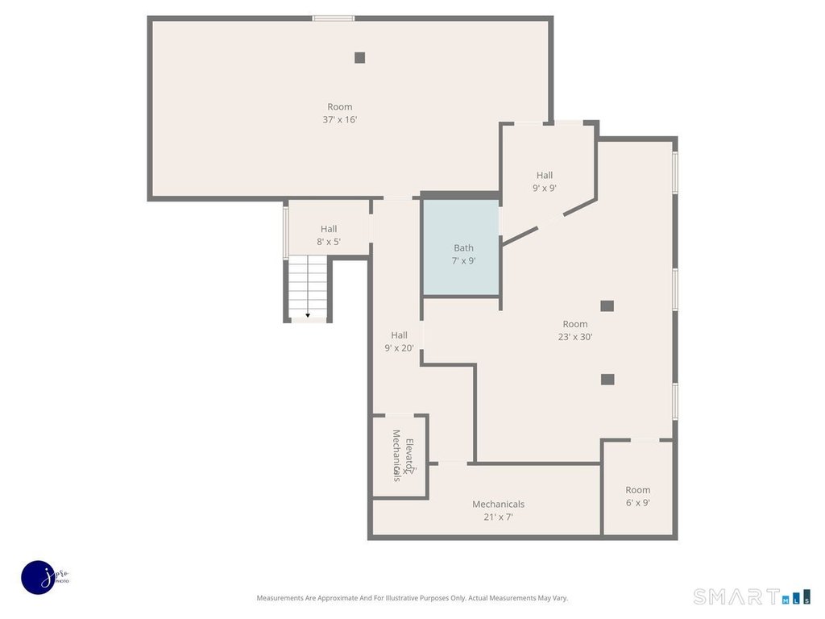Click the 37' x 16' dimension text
339,119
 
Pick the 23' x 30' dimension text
575,337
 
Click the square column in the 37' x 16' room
359,57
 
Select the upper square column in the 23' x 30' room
607,305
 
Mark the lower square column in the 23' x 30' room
607,379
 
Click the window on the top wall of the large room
333,18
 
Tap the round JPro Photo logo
38,577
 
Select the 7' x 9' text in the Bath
463,261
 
